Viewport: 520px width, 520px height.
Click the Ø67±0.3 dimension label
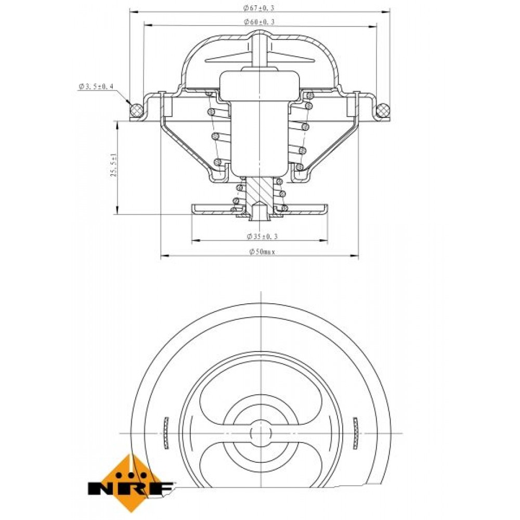pos(258,8)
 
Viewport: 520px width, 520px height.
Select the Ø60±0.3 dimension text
pos(259,22)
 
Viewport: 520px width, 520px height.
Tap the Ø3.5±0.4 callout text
pos(96,86)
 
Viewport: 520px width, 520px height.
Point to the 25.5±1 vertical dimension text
pos(114,164)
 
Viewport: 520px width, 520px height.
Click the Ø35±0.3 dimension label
pos(262,236)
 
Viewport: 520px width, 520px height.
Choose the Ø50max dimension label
pos(262,252)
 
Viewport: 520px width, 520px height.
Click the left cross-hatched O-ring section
pos(136,110)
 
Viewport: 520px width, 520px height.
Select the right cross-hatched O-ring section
pos(383,110)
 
